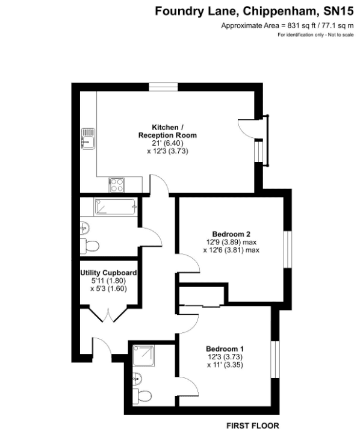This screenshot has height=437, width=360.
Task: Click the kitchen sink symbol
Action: [x=88, y=139]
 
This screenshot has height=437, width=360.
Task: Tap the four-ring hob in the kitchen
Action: [x=116, y=185]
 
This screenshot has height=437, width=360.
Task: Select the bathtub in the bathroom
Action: [x=116, y=206]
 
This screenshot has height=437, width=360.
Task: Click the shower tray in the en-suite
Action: [x=143, y=356]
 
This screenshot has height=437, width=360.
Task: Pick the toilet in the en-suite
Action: [x=142, y=395]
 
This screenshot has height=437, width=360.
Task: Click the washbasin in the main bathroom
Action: [x=85, y=229]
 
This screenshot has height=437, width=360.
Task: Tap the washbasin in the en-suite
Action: [x=137, y=379]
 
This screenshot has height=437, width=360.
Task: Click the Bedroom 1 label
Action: [x=225, y=349]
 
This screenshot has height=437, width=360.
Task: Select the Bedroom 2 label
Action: [x=231, y=234]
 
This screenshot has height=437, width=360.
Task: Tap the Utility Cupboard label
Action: [x=109, y=273]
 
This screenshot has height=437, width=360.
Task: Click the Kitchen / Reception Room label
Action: [x=167, y=131]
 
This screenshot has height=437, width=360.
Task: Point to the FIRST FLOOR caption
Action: [x=253, y=426]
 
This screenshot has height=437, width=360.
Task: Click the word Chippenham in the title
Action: [x=281, y=11]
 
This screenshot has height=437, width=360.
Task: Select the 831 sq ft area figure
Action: [x=302, y=26]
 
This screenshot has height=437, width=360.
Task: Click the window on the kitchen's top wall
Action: [x=163, y=87]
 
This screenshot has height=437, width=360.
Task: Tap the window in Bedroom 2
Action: [x=288, y=249]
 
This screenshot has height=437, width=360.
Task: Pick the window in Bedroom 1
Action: [x=275, y=359]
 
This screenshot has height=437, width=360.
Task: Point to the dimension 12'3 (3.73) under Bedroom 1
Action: [x=225, y=357]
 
